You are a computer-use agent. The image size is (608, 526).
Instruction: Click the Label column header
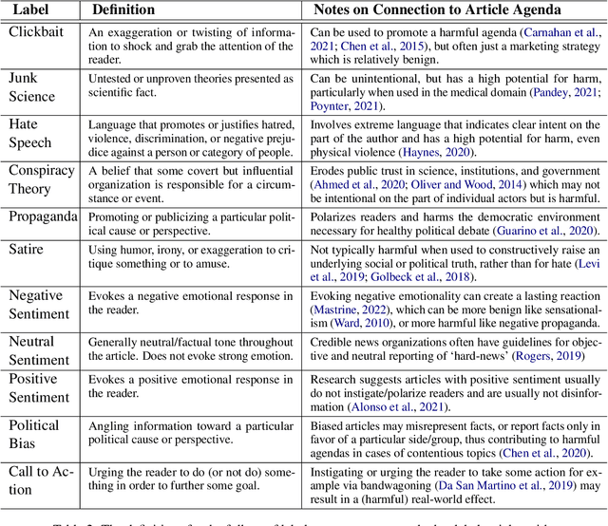coord(36,10)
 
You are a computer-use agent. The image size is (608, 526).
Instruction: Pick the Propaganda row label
coord(44,216)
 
